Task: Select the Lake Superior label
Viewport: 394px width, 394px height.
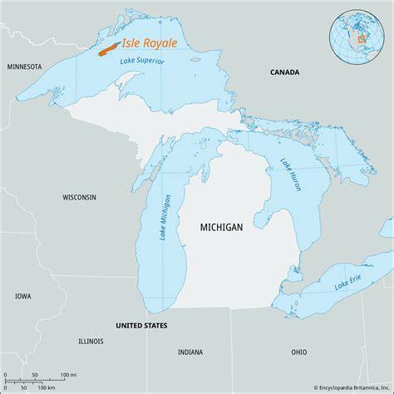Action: pyautogui.click(x=142, y=61)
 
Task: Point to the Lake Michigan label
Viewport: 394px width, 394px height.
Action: pyautogui.click(x=166, y=218)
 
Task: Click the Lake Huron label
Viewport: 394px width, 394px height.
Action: pyautogui.click(x=291, y=175)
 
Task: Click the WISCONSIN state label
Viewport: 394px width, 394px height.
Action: pyautogui.click(x=80, y=197)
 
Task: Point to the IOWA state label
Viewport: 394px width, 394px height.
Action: pyautogui.click(x=22, y=296)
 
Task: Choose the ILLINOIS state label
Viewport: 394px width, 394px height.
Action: pyautogui.click(x=91, y=341)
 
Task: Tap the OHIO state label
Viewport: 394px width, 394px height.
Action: pyautogui.click(x=298, y=352)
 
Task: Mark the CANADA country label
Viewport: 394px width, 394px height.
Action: pyautogui.click(x=285, y=73)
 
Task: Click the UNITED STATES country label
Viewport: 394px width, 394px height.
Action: pyautogui.click(x=141, y=325)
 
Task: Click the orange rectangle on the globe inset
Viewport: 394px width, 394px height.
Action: pyautogui.click(x=362, y=39)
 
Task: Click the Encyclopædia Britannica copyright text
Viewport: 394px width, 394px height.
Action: pyautogui.click(x=340, y=387)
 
